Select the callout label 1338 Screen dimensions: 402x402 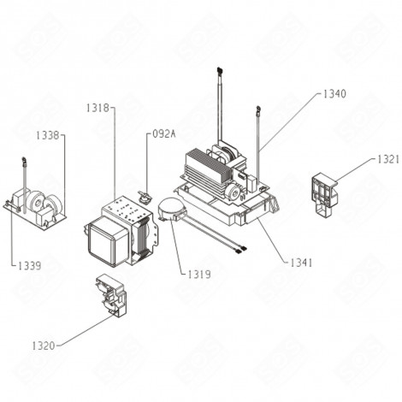point(49,135)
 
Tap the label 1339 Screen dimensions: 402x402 point(28,266)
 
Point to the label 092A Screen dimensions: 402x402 point(163,134)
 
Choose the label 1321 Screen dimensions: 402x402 point(387,159)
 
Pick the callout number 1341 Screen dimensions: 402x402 point(301,263)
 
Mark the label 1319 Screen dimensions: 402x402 point(199,274)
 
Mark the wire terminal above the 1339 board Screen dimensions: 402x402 point(25,158)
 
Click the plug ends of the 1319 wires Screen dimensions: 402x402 point(242,250)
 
